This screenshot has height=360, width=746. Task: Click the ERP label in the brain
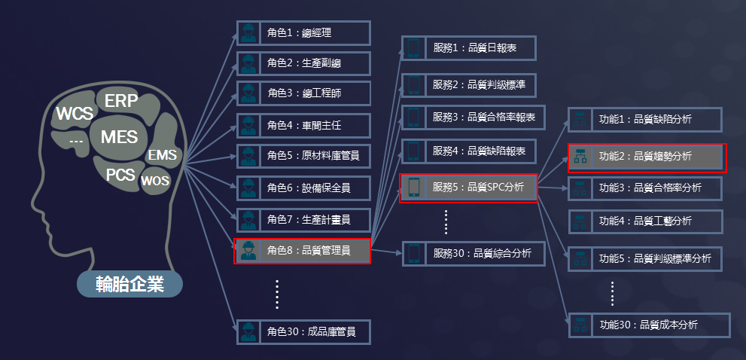pos(121,101)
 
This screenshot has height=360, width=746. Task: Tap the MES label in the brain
pos(119,137)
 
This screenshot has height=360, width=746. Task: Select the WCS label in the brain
pos(75,114)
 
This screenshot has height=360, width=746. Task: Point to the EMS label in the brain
pos(163,154)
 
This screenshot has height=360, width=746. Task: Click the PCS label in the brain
pos(120,175)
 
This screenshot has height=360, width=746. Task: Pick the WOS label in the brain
pos(154,181)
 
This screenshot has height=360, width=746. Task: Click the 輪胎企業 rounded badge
pos(130,285)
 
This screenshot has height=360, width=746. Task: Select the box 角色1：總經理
pos(303,33)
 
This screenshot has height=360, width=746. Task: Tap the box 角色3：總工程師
pos(303,93)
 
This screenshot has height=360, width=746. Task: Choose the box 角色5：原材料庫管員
pos(303,156)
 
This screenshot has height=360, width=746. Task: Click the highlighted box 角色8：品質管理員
pos(302,251)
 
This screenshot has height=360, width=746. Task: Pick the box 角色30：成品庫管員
pos(303,331)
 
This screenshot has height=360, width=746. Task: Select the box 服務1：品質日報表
pos(469,47)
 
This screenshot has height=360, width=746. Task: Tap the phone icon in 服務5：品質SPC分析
pos(414,188)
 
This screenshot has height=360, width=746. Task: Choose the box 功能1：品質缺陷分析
pos(645,120)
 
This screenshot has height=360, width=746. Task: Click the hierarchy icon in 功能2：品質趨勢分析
pos(580,157)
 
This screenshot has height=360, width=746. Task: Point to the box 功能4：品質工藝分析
pos(646,221)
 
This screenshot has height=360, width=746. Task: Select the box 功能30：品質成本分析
pos(649,325)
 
